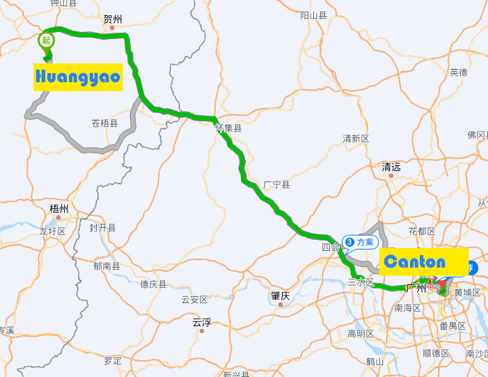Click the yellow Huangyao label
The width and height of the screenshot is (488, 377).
coord(78,77)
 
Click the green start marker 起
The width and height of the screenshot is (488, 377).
coord(47,40)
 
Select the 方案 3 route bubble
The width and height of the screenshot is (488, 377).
coord(360,243)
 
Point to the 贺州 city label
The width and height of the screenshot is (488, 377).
coord(112,19)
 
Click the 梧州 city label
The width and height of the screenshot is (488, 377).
coord(59,208)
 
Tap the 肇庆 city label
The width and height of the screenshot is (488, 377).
coord(280,295)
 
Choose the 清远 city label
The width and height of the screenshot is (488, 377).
coord(391,167)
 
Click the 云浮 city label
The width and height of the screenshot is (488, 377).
coord(202,323)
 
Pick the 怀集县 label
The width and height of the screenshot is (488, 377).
coord(228,128)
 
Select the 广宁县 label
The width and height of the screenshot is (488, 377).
coord(276,184)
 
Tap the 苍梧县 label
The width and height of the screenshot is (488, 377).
coord(104,123)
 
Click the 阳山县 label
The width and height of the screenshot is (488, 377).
coord(313,15)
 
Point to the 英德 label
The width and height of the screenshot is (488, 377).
coord(459,72)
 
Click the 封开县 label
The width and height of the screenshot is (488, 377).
coord(102,228)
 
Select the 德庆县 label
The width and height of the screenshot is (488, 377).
coord(153,284)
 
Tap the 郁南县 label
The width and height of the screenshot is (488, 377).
coord(107,266)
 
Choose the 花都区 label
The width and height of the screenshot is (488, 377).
coord(422,231)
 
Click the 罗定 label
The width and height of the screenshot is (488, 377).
coord(113,360)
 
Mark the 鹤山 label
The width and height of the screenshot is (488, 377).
coord(375,361)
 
